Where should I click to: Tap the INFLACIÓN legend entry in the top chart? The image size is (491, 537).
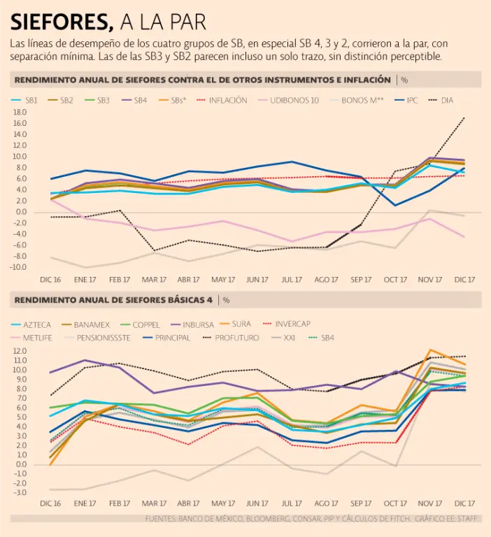[x=227, y=100]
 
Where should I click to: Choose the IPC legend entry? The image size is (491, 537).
[x=412, y=100]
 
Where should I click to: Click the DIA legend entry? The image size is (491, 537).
[x=446, y=100]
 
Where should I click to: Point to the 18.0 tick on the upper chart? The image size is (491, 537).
[x=20, y=122]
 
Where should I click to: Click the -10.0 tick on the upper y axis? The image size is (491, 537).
[x=18, y=267]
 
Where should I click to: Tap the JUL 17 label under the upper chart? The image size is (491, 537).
[x=292, y=279]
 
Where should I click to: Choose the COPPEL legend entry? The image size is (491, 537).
[x=145, y=324]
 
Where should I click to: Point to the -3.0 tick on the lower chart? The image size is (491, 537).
[x=19, y=493]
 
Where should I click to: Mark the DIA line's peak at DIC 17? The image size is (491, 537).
[x=464, y=118]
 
